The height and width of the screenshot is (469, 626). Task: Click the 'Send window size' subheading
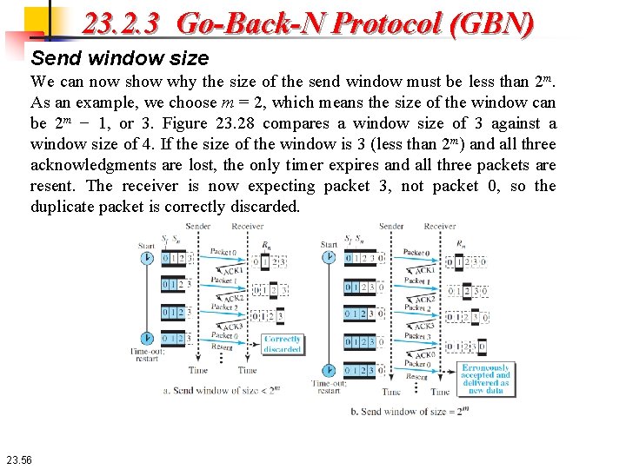pos(120,58)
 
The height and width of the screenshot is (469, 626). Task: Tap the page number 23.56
pos(17,459)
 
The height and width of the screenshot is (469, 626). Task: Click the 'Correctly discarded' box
pos(282,344)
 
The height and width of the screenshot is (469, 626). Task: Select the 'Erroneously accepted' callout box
pos(485,379)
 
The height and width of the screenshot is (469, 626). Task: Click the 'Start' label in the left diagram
pos(146,245)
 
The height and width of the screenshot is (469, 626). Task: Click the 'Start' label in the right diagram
pos(329,245)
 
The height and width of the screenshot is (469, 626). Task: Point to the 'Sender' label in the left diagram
pos(197,227)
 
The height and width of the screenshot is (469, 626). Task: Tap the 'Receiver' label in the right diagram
pos(440,227)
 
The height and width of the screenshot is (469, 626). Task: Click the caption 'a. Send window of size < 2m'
pos(221,391)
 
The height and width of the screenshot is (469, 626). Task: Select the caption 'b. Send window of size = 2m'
pos(413,411)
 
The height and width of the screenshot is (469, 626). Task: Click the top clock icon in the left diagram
pos(146,258)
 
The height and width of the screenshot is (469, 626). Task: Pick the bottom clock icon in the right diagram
pos(329,370)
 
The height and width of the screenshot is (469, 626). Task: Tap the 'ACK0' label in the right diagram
pos(425,354)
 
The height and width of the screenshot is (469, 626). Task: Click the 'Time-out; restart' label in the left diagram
pos(145,355)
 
